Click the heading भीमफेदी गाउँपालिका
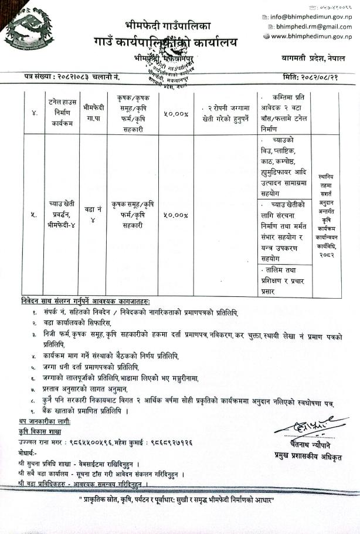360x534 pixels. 167,26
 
